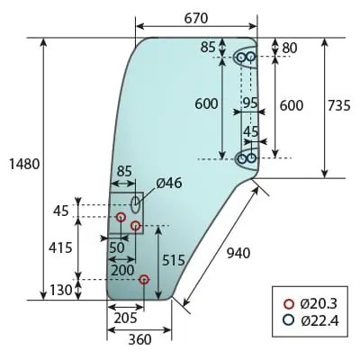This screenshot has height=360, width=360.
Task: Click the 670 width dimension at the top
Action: coord(195,19)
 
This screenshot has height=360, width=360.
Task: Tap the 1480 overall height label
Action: coord(24,165)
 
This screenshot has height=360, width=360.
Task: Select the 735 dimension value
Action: coord(338,105)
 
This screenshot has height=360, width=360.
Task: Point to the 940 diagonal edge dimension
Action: coord(238,254)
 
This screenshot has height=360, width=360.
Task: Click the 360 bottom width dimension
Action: coord(140,340)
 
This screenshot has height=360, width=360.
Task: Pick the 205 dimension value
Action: coord(126,318)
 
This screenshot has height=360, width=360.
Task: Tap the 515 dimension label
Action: coord(174,260)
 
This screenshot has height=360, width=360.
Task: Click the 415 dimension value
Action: coord(61,247)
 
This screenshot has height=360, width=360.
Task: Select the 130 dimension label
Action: coord(61,290)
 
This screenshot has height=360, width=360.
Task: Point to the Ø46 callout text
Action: coord(169,183)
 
